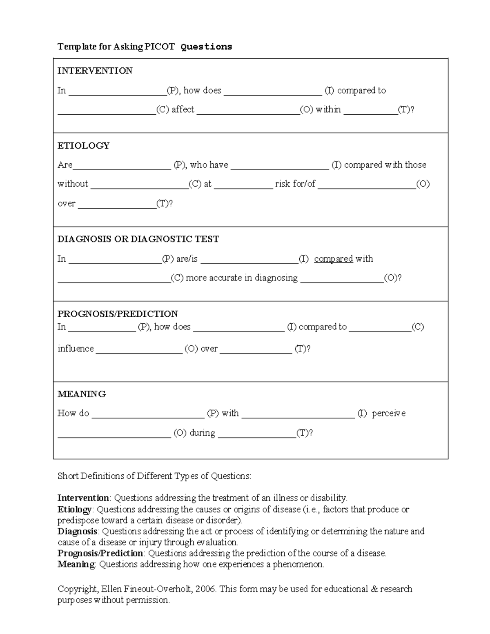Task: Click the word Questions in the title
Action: coord(206,47)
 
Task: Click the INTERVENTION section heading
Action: coord(95,71)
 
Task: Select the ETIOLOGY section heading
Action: coord(83,146)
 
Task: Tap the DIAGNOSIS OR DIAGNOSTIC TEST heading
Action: coord(138,239)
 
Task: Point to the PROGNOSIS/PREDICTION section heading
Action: coord(118,314)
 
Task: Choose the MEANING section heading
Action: coord(82,394)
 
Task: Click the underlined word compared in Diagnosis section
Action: coord(333,259)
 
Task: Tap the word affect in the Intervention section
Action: coord(183,109)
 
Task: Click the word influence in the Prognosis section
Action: coord(76,349)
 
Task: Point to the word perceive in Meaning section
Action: coord(389,413)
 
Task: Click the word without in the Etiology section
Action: coord(73,184)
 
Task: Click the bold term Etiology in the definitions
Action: coord(75,509)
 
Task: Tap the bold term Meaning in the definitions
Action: coord(76,564)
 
